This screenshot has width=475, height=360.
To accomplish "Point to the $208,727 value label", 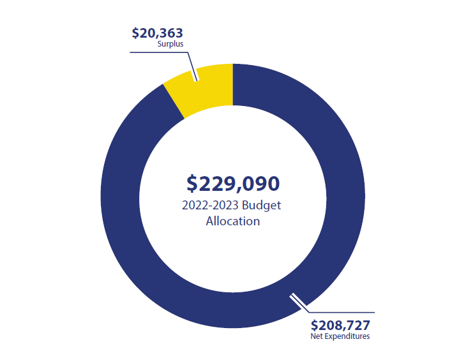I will (x=340, y=324).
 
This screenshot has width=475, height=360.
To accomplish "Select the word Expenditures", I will (x=348, y=336).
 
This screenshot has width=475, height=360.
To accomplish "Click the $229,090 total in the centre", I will (x=233, y=183).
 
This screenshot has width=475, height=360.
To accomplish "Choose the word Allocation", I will (x=233, y=221).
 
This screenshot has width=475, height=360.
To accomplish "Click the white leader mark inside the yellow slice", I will (x=195, y=72).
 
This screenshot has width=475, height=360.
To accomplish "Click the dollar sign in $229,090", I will (x=192, y=184).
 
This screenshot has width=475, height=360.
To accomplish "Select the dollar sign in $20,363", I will (x=135, y=33).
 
